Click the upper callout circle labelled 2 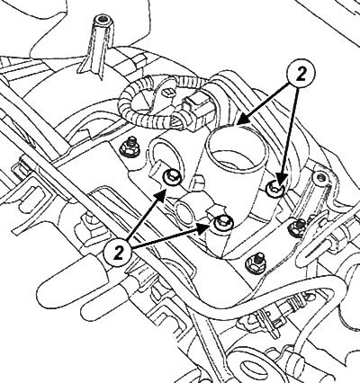click(301, 75)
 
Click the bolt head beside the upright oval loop click(172, 177)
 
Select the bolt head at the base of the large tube click(223, 223)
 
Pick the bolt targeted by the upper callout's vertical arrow click(275, 189)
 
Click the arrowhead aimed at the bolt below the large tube click(203, 228)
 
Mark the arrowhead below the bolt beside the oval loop click(160, 195)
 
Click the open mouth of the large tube click(237, 151)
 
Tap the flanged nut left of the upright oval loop click(129, 147)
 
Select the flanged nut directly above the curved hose click(256, 263)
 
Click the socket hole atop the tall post click(103, 21)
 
